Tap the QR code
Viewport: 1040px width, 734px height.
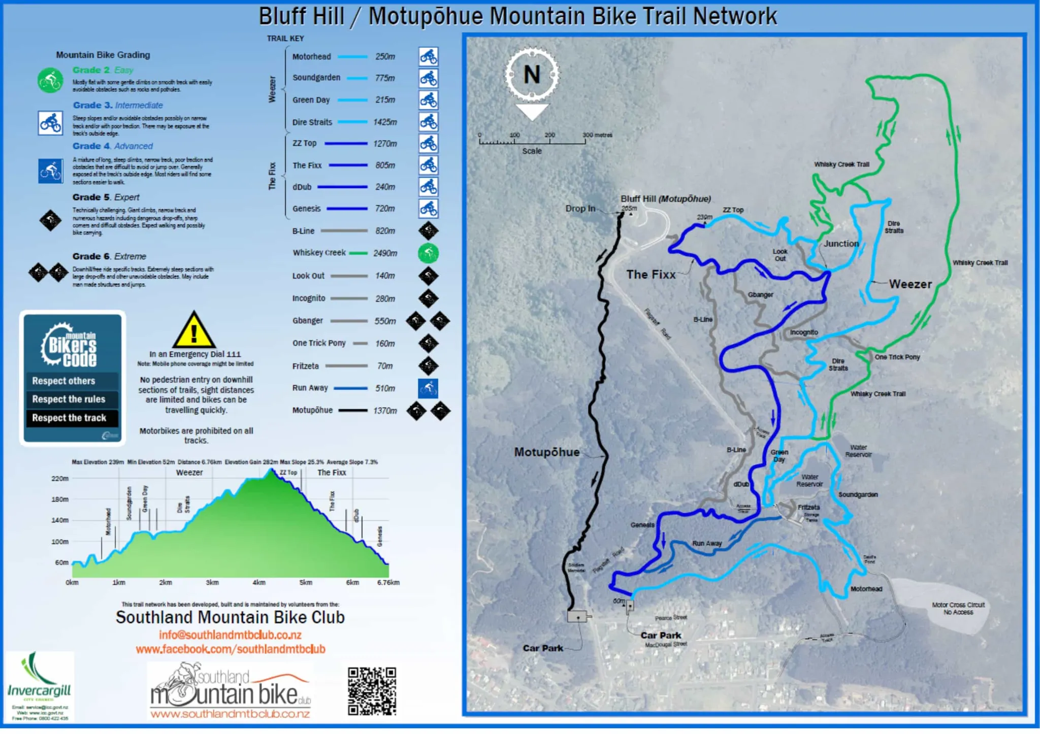[x=372, y=691]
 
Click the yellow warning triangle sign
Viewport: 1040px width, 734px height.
[x=193, y=330]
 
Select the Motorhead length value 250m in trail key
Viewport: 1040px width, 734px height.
[x=385, y=57]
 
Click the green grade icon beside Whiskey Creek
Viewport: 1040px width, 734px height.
[x=428, y=253]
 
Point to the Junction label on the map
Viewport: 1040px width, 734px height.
[x=841, y=244]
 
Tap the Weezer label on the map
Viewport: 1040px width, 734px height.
[x=910, y=284]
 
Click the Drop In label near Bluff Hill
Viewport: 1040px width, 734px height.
[x=580, y=209]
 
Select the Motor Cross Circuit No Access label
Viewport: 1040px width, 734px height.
[x=958, y=609]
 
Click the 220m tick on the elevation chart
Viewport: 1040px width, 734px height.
[x=60, y=479]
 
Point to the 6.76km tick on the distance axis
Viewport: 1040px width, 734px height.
[x=388, y=583]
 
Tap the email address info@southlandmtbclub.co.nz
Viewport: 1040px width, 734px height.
[x=230, y=635]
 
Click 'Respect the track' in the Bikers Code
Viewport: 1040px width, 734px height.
[x=69, y=418]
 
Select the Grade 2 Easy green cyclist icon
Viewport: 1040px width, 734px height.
[x=50, y=80]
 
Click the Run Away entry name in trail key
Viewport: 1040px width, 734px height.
[x=310, y=388]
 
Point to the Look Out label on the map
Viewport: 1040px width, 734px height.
[x=779, y=255]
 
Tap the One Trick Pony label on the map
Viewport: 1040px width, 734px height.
[x=897, y=357]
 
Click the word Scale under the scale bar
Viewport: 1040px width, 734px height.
[x=532, y=151]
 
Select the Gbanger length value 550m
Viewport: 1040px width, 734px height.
[x=385, y=321]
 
